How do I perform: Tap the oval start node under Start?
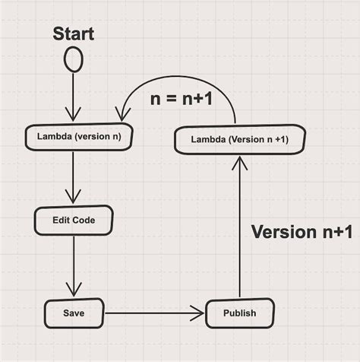click(x=73, y=59)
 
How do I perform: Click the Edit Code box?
click(x=74, y=220)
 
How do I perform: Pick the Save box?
click(x=74, y=312)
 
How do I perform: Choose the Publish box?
click(x=239, y=313)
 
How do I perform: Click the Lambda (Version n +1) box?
click(x=240, y=139)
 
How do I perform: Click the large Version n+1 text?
click(x=301, y=231)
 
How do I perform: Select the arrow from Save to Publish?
click(x=152, y=312)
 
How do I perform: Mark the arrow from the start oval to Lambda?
click(x=73, y=95)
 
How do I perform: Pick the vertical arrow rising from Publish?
click(x=240, y=228)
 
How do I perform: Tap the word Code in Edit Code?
click(x=84, y=220)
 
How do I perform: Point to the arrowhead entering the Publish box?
click(x=200, y=312)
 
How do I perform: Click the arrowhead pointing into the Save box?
click(x=74, y=290)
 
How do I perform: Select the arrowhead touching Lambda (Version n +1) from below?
click(x=240, y=162)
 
